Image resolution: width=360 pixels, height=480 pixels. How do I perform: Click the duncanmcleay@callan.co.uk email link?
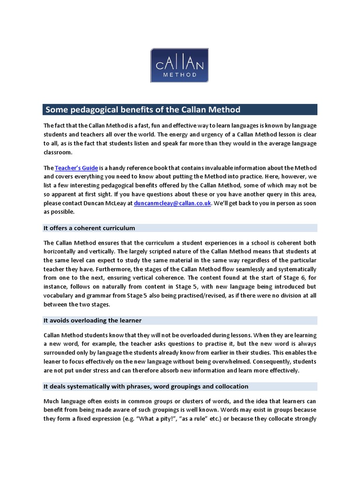click(172, 203)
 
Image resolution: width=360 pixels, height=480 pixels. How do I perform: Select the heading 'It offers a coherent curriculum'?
click(90, 228)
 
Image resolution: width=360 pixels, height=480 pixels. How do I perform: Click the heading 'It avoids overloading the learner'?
click(93, 321)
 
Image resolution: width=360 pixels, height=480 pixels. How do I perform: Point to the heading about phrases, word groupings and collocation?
click(146, 387)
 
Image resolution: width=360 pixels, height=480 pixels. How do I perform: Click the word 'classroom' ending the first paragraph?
click(59, 152)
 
